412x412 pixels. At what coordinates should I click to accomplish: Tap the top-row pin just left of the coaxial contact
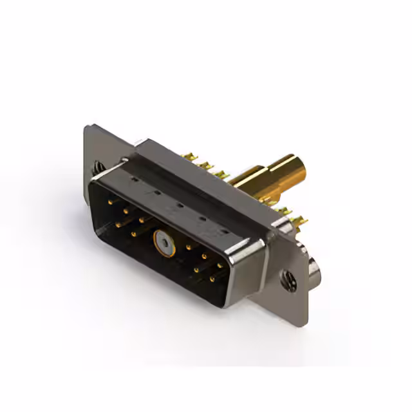(x=141, y=220)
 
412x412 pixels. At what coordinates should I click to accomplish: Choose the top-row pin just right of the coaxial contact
(x=188, y=247)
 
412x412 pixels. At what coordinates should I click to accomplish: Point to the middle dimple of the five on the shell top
(x=180, y=205)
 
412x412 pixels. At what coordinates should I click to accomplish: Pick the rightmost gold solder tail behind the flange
(x=300, y=222)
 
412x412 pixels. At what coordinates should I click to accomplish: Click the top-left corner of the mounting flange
(x=88, y=127)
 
